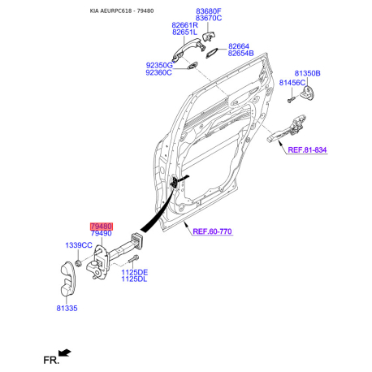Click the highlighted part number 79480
(x=102, y=227)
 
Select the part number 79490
(x=102, y=233)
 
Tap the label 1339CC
(x=79, y=245)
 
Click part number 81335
(x=67, y=308)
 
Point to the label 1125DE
(x=135, y=272)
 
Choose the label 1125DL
(x=134, y=279)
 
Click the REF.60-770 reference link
(x=212, y=231)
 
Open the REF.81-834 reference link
(x=307, y=150)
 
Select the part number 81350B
(x=307, y=73)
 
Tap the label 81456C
(x=292, y=83)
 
